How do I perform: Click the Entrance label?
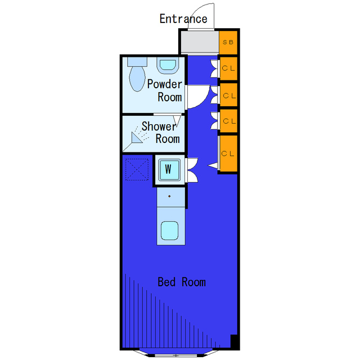click(183, 19)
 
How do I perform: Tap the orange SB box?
click(228, 42)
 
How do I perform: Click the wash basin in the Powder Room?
click(168, 65)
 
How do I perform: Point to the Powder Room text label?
click(165, 91)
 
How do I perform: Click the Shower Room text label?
click(160, 133)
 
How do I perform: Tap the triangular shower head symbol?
click(136, 137)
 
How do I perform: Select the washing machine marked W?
click(169, 169)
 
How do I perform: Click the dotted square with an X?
click(137, 169)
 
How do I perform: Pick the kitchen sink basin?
click(170, 231)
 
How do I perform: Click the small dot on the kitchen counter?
click(169, 196)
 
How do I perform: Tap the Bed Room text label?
click(182, 282)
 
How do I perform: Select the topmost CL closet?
click(228, 69)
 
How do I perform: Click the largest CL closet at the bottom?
click(228, 154)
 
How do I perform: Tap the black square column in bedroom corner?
click(234, 341)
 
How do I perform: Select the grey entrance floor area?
click(200, 42)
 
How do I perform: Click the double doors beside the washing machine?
click(192, 170)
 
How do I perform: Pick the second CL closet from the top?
click(228, 95)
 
